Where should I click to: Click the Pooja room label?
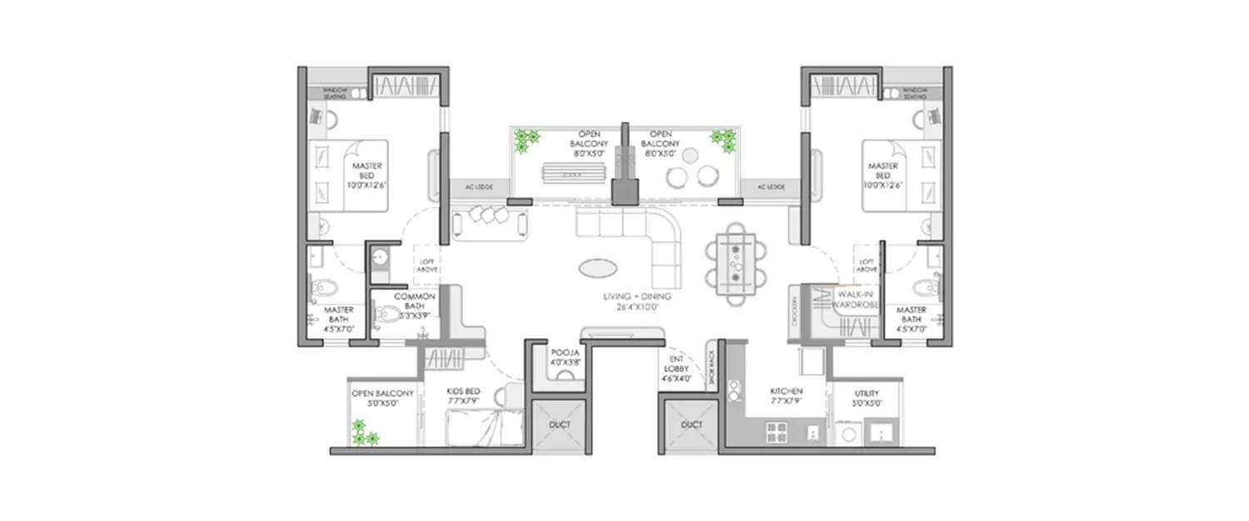[560, 358]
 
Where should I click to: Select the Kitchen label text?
[785, 396]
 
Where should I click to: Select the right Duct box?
[691, 425]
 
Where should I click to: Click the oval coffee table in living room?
[599, 268]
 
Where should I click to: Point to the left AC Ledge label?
[479, 188]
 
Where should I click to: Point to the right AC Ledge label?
[770, 188]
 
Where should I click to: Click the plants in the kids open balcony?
[362, 432]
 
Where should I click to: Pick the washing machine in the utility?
[848, 433]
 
